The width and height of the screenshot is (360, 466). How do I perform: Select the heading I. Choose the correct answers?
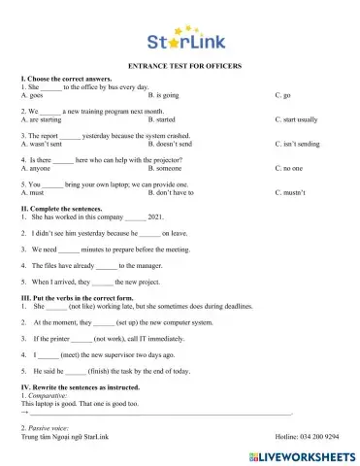64,77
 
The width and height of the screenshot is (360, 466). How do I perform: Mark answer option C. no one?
288,168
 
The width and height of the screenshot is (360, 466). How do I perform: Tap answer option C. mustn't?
289,192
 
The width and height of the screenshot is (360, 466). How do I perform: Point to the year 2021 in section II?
158,217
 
